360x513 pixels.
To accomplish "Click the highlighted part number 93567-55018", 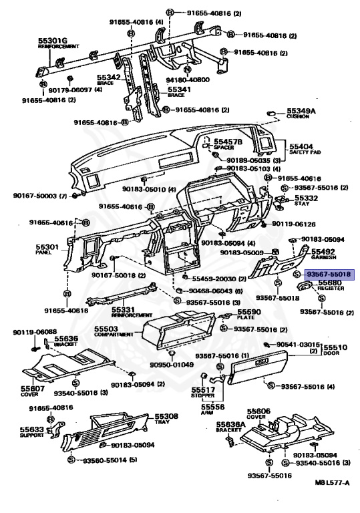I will point(329,275).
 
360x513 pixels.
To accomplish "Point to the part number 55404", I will point(301,146).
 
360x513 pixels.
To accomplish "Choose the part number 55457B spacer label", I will point(228,142).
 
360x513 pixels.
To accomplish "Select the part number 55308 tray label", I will point(158,415).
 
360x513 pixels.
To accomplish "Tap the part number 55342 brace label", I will point(108,77).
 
